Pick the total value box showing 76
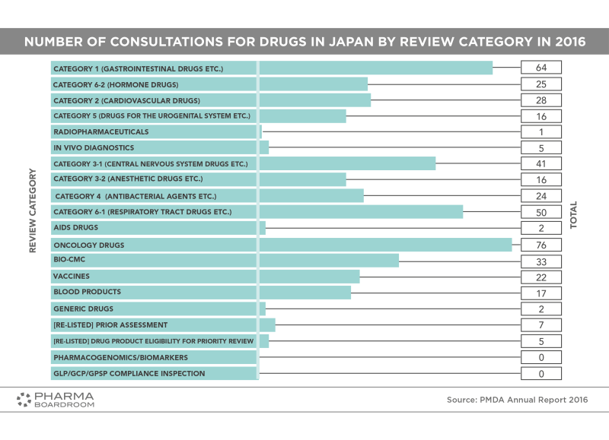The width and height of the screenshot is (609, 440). tap(541, 245)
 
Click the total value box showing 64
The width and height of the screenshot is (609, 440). tap(541, 68)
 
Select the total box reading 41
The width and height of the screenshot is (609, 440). tap(541, 163)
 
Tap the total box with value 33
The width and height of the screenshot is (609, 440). tap(541, 261)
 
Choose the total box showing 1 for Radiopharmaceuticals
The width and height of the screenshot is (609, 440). tap(541, 131)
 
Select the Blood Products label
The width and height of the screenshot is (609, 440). tap(87, 292)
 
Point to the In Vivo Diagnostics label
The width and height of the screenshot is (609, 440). tap(94, 147)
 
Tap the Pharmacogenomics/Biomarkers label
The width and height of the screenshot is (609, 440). tap(120, 357)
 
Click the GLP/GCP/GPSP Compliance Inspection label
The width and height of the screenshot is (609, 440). tap(129, 373)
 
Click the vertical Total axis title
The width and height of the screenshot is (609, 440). tap(574, 215)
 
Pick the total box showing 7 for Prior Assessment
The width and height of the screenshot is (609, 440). tap(541, 325)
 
